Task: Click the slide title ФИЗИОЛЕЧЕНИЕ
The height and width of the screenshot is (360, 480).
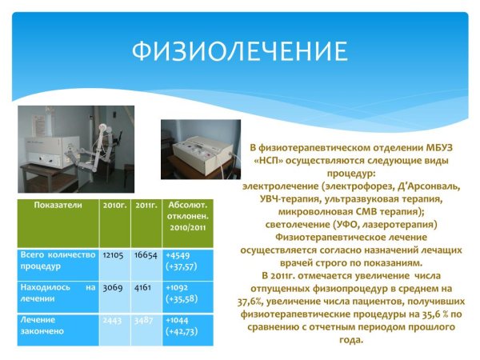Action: coord(240,53)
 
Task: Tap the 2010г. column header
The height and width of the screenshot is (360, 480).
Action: coord(115,205)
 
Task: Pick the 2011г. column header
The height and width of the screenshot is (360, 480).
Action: coord(146,205)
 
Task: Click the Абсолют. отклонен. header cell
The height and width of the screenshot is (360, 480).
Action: coord(187,217)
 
